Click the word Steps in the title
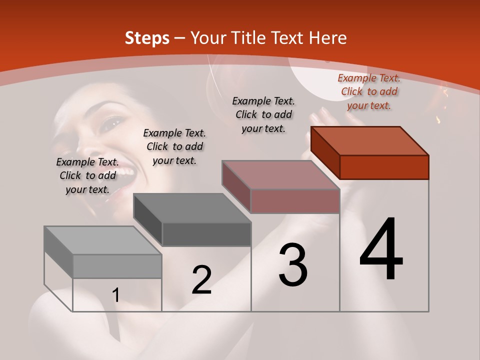click(x=147, y=38)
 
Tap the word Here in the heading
click(x=328, y=38)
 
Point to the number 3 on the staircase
click(x=293, y=265)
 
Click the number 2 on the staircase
click(x=201, y=280)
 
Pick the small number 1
click(x=116, y=295)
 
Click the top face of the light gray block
click(x=103, y=240)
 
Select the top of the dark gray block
click(x=192, y=208)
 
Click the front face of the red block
click(x=384, y=167)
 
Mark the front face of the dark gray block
click(x=206, y=234)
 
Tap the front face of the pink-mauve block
click(x=295, y=201)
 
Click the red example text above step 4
click(x=369, y=91)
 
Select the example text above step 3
click(x=263, y=114)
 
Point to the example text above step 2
click(x=174, y=146)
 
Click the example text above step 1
click(x=87, y=175)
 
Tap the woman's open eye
click(x=112, y=121)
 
